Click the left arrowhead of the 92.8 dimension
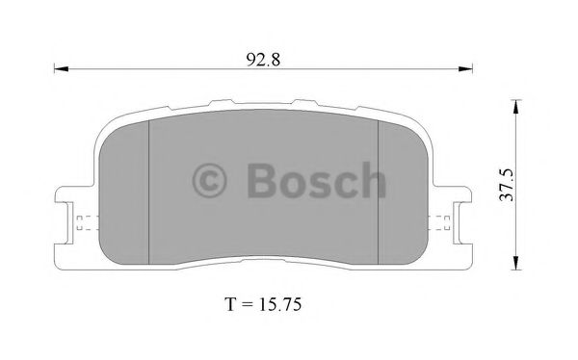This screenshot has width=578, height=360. point(58,68)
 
